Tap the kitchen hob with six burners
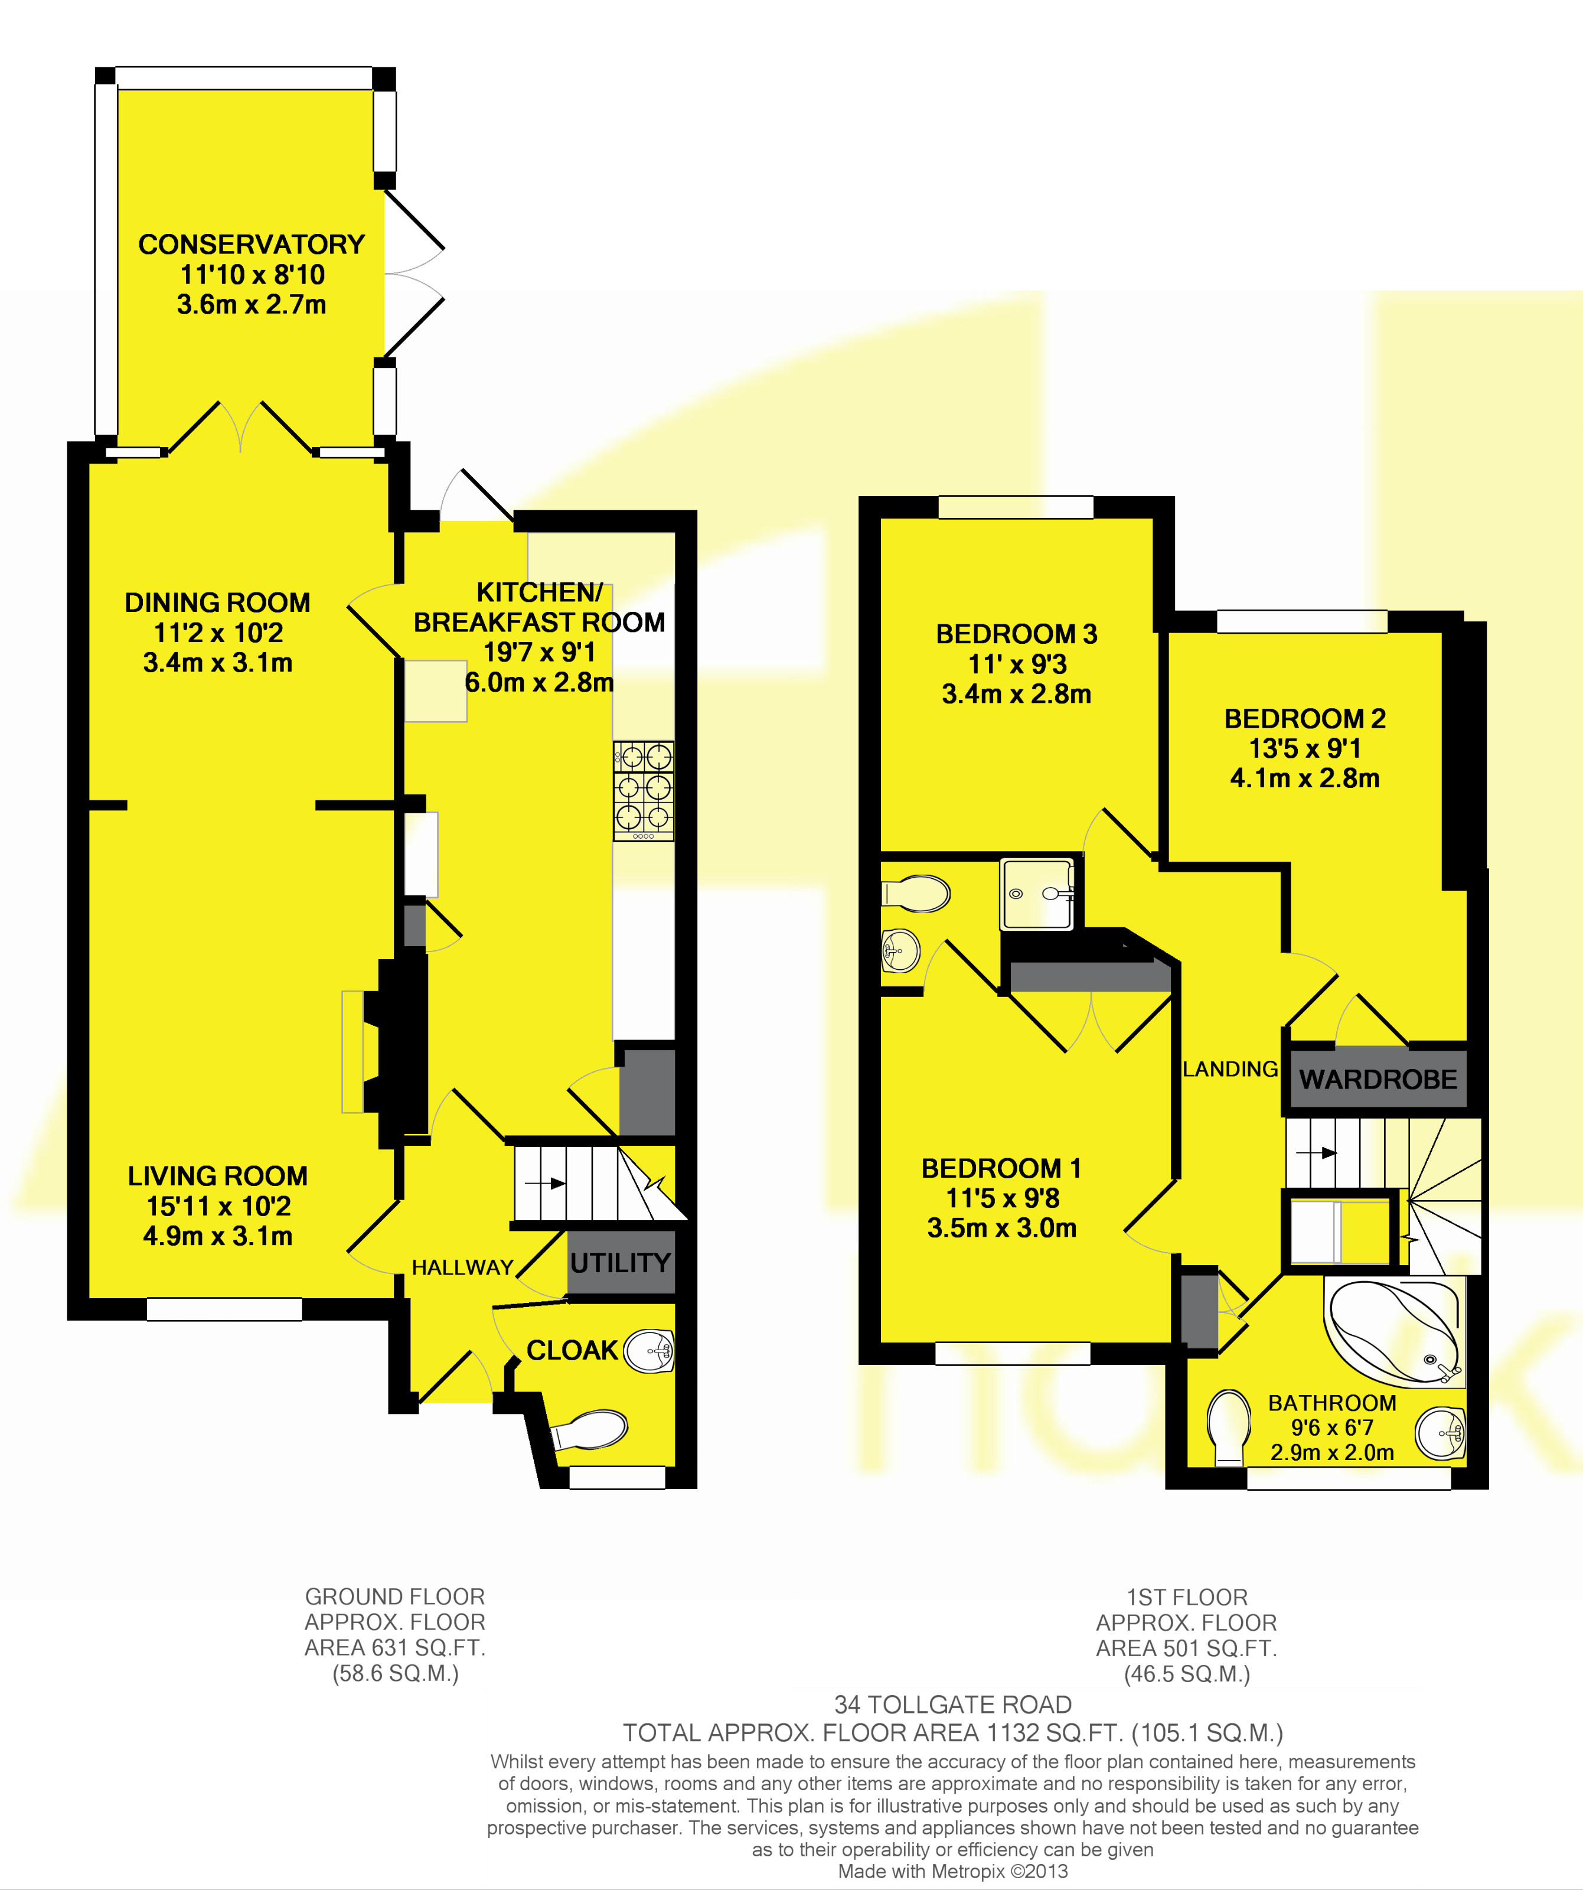pos(644,791)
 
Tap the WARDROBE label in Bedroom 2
pos(1378,1079)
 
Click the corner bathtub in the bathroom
pos(1394,1332)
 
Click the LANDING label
pos(1231,1069)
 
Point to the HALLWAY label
pos(462,1267)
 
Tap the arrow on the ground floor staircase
pos(546,1184)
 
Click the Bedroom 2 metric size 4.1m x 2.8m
pos(1305,778)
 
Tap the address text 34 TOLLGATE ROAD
pos(953,1705)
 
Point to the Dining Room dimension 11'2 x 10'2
pos(218,633)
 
